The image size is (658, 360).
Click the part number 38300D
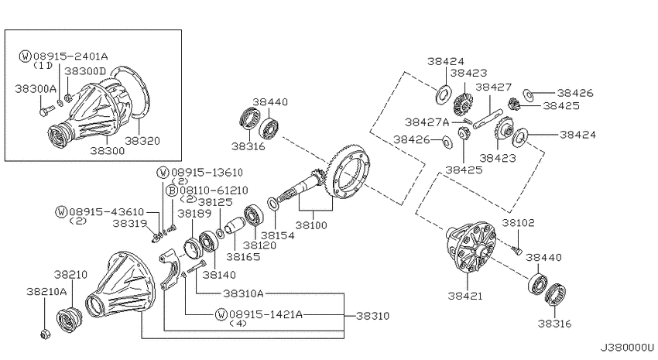(86, 71)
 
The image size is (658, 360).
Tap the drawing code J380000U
(627, 348)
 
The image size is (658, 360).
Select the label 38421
(465, 296)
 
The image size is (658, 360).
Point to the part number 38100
(311, 225)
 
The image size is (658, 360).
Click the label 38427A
(427, 122)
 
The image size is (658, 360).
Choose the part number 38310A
(243, 293)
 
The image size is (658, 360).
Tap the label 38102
(518, 222)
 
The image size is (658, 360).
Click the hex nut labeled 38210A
(44, 334)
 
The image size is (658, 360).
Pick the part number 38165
(243, 256)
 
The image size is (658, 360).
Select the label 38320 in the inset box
(142, 141)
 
